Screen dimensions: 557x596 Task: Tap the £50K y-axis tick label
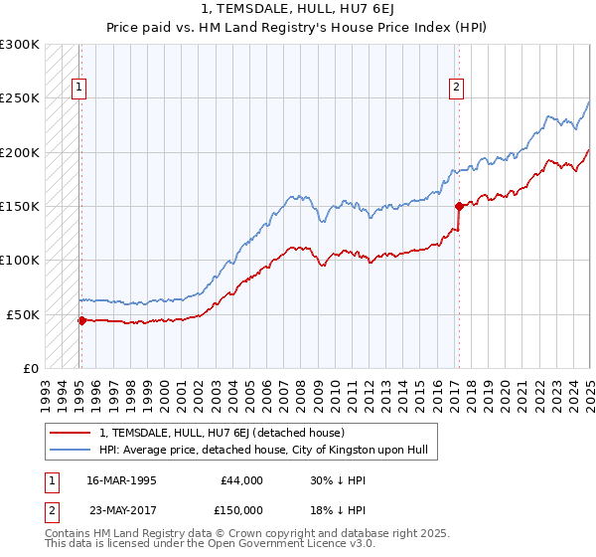(23, 314)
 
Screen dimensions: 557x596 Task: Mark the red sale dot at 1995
(82, 320)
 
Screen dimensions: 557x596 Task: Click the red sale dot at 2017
(459, 207)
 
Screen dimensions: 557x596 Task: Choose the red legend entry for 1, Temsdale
(221, 433)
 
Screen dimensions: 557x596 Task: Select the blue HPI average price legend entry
(262, 450)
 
